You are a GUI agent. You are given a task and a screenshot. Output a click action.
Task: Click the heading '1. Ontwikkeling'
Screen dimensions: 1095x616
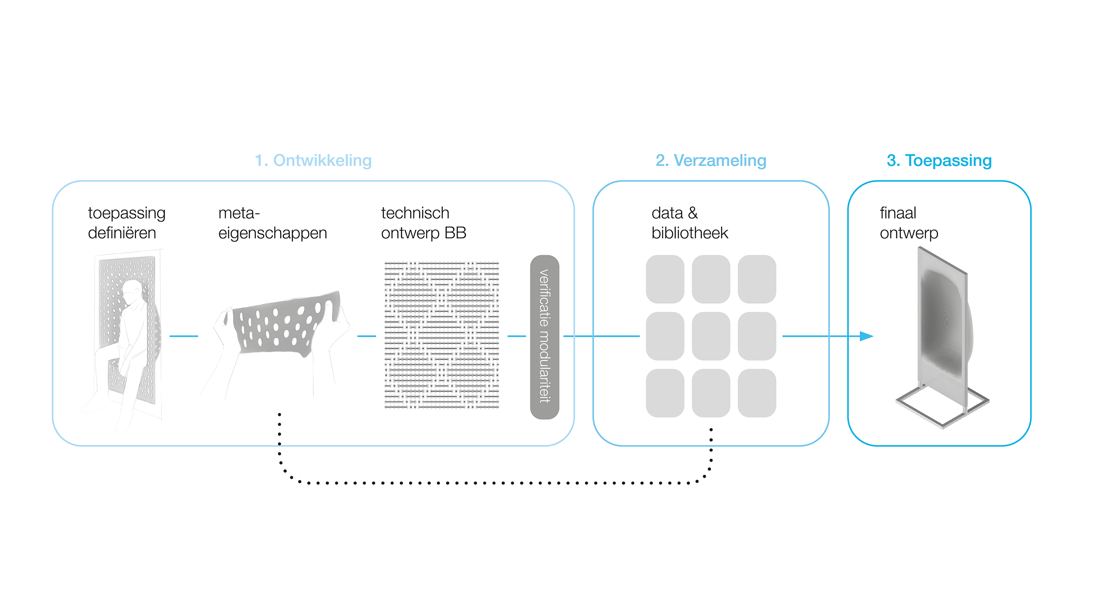pos(313,161)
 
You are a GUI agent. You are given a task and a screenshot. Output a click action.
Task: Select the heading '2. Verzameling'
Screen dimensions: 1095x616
pos(711,161)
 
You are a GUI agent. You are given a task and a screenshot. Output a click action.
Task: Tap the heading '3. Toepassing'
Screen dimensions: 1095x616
pos(939,161)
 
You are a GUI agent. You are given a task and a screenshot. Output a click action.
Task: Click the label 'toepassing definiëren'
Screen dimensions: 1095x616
pos(127,223)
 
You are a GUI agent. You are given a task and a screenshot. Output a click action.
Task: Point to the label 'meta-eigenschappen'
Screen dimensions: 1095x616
pos(273,223)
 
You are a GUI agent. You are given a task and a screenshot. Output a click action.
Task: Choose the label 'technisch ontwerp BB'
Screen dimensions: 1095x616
pos(423,223)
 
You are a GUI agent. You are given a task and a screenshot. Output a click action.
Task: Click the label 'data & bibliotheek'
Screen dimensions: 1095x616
pos(689,223)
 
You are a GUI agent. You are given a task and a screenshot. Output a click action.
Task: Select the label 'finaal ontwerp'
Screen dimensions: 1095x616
pos(909,223)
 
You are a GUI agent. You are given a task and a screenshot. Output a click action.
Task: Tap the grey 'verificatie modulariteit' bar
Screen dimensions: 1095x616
pos(545,337)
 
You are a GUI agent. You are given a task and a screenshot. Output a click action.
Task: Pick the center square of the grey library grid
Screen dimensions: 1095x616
pos(711,336)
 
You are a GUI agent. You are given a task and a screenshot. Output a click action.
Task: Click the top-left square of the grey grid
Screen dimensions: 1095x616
pos(665,279)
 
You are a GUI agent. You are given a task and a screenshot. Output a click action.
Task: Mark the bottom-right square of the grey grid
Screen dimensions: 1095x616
pos(757,393)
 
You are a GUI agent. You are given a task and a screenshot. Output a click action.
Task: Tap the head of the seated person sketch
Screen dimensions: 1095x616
pos(132,291)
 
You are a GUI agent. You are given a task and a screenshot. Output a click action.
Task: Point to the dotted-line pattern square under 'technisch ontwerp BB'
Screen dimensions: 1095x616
pos(442,336)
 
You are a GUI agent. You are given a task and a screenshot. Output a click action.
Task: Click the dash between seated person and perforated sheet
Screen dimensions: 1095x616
pos(184,336)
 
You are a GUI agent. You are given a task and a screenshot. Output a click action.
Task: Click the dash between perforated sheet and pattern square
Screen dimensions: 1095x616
pos(367,336)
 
